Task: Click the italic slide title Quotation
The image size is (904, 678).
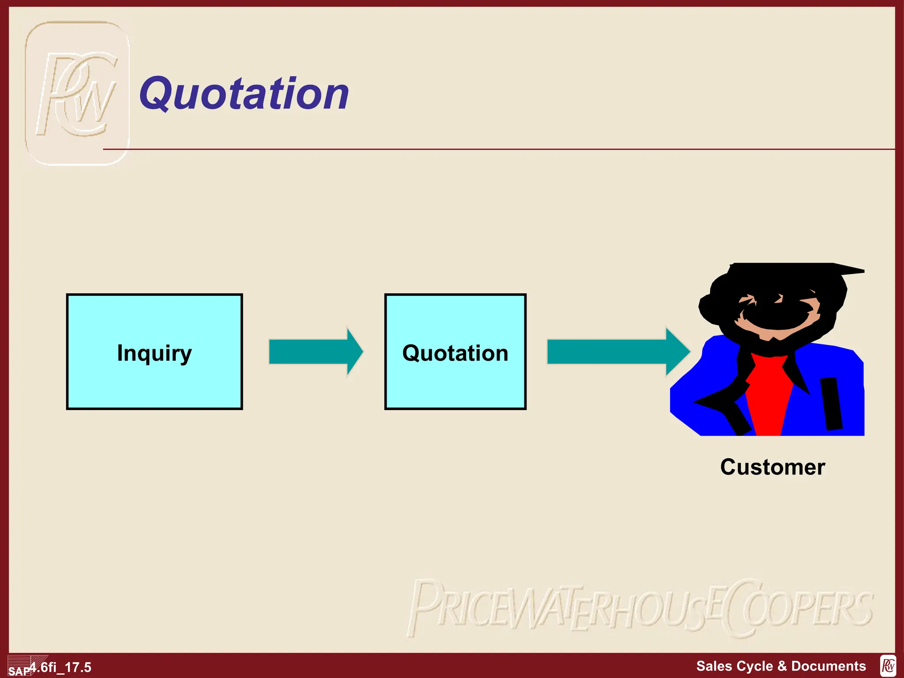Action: coord(244,94)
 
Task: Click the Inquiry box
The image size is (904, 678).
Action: coord(154,352)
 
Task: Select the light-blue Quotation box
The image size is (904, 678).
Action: coord(455,352)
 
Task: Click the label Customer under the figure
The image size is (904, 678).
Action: coord(772,467)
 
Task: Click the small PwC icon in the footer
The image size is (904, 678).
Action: coord(888,666)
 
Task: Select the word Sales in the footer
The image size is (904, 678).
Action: coord(712,666)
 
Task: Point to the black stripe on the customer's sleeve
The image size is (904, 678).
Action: coord(832,403)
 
